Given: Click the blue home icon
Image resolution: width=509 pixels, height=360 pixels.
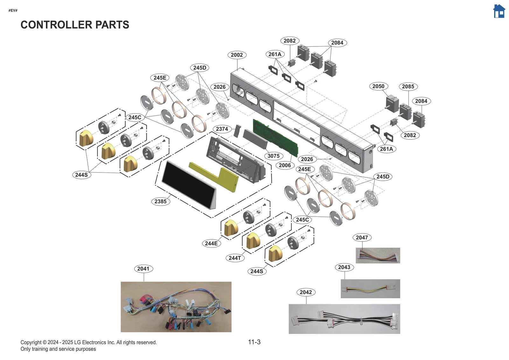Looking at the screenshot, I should [x=499, y=11].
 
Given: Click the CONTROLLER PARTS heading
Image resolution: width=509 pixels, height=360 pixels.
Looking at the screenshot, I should [x=75, y=25].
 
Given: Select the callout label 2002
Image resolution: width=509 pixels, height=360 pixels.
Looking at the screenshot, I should [x=237, y=55].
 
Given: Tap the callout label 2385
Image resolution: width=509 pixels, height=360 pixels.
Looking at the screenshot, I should [x=160, y=201].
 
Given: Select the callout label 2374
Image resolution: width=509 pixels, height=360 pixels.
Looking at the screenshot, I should [x=222, y=129].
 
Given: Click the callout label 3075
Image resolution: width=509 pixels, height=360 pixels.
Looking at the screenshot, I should [x=273, y=156].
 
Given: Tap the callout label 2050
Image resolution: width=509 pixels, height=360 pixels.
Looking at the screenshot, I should [x=378, y=86].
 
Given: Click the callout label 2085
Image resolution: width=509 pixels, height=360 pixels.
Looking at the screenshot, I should [x=408, y=87].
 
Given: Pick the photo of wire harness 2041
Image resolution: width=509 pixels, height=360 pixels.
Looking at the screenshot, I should [x=176, y=307].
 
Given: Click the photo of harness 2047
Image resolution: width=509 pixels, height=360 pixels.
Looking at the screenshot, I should [x=378, y=255].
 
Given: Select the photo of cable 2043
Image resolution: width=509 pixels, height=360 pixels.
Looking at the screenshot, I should [x=370, y=289].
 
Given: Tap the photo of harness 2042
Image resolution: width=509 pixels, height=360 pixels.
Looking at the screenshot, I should [x=344, y=319].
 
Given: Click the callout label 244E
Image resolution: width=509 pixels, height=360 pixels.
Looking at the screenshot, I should [x=211, y=243].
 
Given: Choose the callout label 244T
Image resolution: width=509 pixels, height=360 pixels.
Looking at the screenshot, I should [x=235, y=258].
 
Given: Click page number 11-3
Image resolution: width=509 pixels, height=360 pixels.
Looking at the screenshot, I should [x=254, y=342].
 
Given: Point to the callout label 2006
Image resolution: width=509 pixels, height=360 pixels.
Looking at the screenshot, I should [x=285, y=165].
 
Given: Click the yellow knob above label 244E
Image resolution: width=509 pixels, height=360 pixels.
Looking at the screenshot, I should [x=231, y=228].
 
